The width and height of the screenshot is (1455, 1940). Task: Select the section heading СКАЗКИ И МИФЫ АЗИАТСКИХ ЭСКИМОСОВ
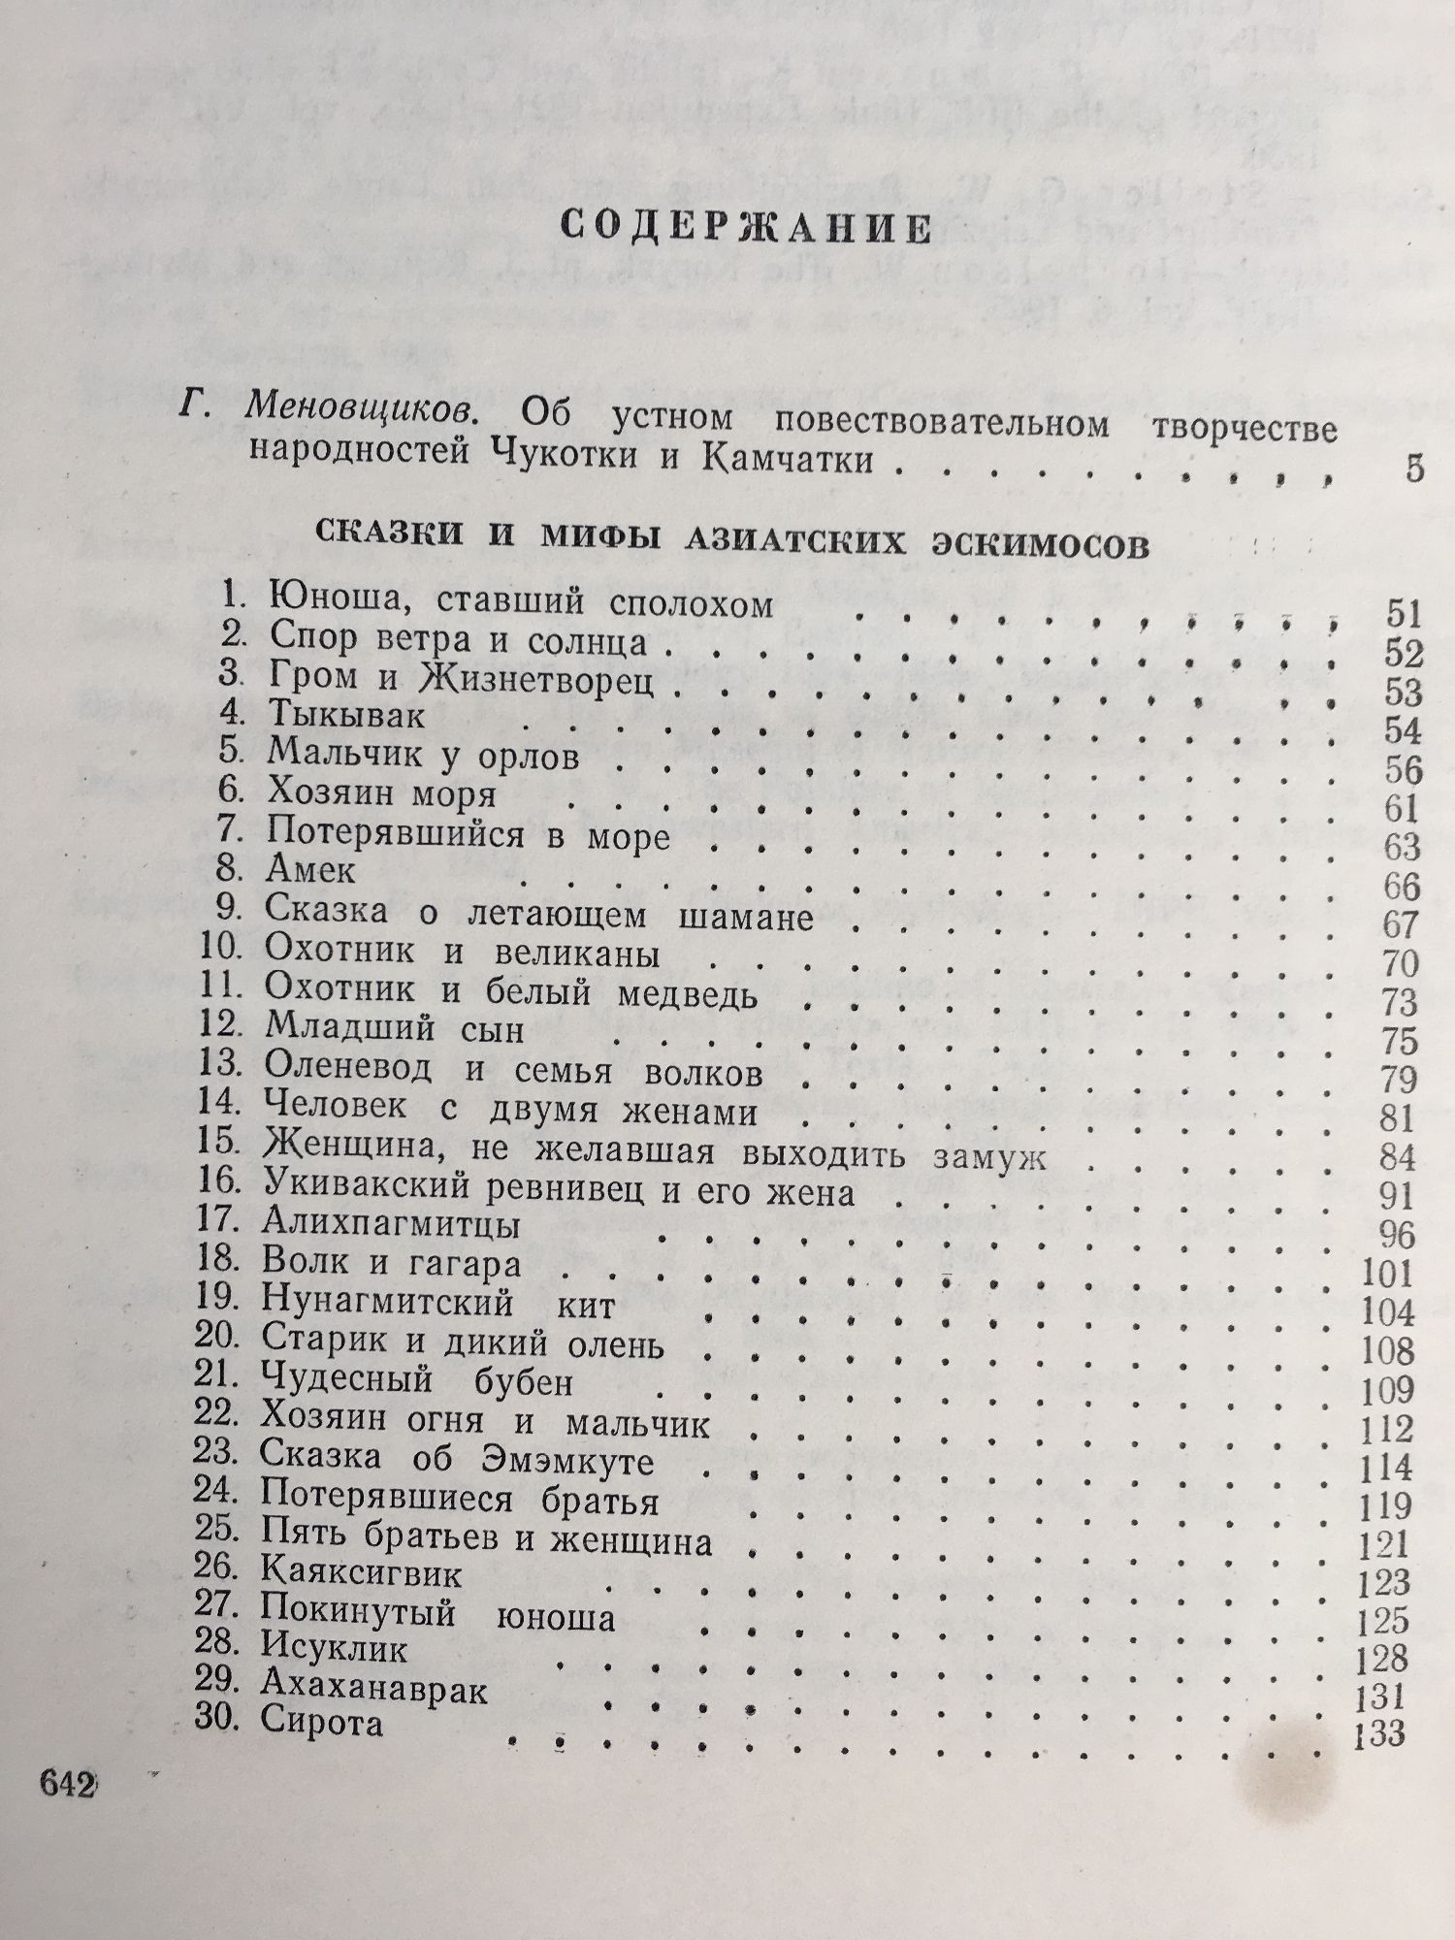point(732,541)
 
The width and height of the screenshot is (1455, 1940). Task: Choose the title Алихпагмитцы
point(390,1225)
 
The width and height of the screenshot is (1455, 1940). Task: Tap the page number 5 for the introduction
point(1413,469)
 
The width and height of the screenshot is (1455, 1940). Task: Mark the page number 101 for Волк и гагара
point(1387,1272)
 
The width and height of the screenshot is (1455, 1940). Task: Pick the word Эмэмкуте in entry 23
point(566,1462)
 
